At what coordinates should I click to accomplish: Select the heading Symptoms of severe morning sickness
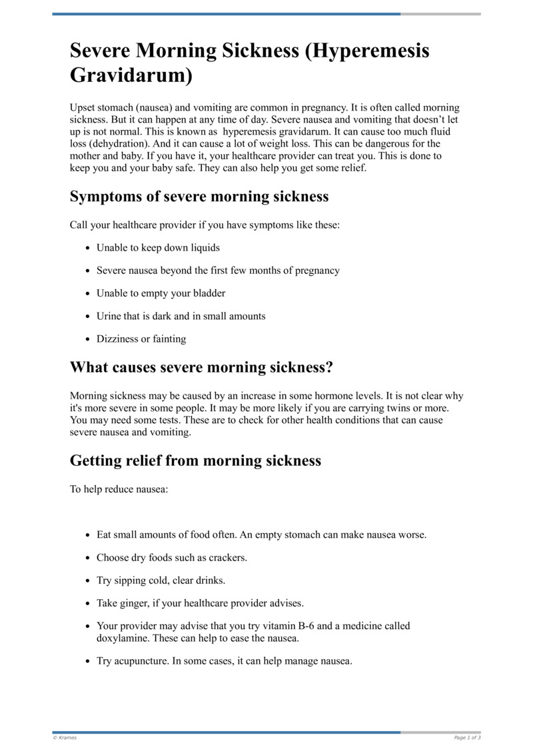[199, 197]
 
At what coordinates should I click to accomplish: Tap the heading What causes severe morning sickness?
[201, 367]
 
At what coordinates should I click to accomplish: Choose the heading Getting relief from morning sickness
[195, 460]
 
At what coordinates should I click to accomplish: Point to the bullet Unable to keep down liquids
[158, 248]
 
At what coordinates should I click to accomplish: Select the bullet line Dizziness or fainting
[141, 339]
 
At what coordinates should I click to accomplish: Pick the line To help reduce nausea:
[119, 490]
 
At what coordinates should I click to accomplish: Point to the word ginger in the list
[137, 603]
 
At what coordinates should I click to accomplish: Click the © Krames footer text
[65, 738]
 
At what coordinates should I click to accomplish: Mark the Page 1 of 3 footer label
[467, 738]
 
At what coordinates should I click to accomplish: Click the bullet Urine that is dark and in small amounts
[181, 316]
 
